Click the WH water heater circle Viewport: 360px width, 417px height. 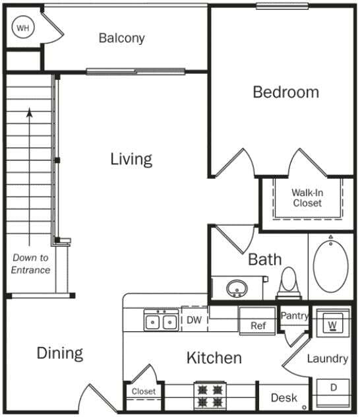[23, 28]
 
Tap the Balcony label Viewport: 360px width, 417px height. [121, 38]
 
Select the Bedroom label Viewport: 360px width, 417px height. [285, 92]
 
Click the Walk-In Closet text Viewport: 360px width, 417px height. [307, 198]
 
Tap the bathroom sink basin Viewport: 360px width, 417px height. [237, 288]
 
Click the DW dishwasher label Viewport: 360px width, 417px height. [194, 321]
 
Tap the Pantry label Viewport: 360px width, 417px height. [294, 316]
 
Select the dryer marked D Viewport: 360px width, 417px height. [333, 388]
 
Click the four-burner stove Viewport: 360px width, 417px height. [210, 395]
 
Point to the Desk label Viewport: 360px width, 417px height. [284, 398]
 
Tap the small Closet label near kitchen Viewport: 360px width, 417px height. [143, 391]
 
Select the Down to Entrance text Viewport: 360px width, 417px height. [30, 264]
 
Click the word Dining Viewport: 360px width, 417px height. [59, 353]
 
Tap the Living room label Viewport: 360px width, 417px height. [131, 159]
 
